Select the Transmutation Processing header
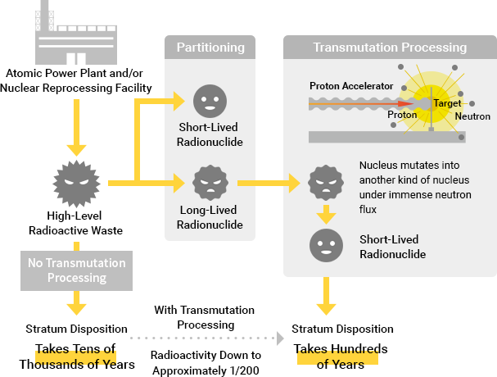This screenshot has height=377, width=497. (x=390, y=48)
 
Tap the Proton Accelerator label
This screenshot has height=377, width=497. (x=351, y=85)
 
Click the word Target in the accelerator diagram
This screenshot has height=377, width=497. (x=447, y=104)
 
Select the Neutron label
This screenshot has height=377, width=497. (x=472, y=116)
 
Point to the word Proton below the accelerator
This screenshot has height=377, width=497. (x=402, y=116)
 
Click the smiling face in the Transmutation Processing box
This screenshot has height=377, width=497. (x=326, y=245)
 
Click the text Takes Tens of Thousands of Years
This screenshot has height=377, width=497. (x=85, y=356)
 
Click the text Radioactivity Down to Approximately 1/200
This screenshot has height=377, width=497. (x=206, y=362)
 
